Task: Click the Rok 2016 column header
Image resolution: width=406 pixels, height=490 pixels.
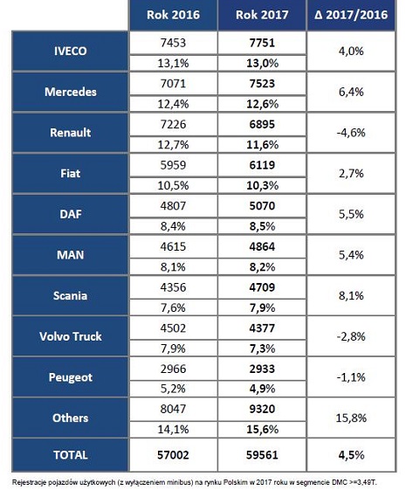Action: [x=173, y=15]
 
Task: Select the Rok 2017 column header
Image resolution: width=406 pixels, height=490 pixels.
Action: [x=262, y=15]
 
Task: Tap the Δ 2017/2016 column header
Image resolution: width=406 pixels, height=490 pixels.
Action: [x=351, y=15]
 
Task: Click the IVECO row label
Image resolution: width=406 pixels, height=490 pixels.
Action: [x=70, y=51]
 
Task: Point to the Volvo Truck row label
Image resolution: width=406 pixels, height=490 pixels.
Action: [x=70, y=336]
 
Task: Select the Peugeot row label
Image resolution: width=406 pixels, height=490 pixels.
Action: [x=70, y=377]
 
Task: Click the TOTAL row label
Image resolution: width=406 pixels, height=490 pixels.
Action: [x=70, y=455]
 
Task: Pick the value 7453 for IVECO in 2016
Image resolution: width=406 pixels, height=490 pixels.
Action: [x=173, y=43]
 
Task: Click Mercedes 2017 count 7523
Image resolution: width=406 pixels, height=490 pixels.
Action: [x=262, y=84]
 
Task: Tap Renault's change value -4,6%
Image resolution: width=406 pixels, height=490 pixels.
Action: [x=351, y=133]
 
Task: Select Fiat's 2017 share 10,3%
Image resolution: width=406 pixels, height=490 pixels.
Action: [x=262, y=186]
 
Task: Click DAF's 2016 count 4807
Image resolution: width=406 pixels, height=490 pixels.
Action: [x=173, y=205]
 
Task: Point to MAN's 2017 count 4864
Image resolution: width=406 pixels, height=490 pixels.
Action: [x=262, y=246]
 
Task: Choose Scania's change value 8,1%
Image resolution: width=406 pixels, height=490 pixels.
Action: [x=351, y=295]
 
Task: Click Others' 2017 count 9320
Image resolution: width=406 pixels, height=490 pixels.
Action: [x=262, y=409]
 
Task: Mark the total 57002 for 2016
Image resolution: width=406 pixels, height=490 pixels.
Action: [x=173, y=455]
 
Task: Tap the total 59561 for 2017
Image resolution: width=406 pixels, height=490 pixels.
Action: [x=262, y=455]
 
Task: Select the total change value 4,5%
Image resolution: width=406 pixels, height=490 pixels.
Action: [x=351, y=455]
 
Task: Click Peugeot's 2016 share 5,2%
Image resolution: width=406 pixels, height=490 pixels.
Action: [x=173, y=389]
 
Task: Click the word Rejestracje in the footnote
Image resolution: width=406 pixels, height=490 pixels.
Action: [x=26, y=482]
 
